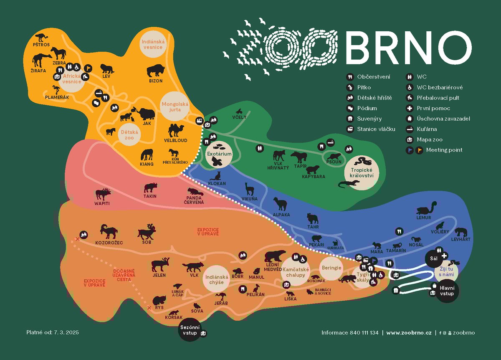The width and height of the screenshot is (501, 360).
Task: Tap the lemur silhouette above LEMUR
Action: [427, 209]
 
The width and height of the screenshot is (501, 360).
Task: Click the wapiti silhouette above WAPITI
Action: [103, 194]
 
